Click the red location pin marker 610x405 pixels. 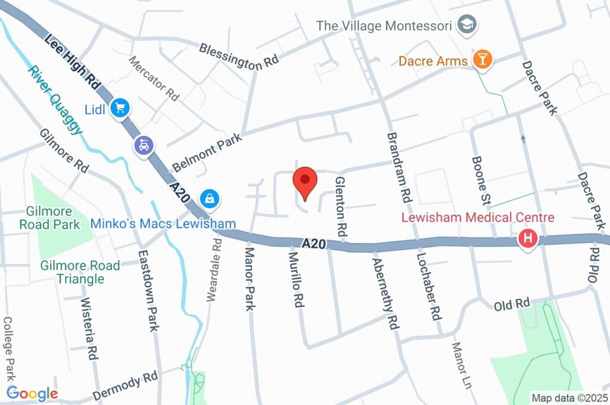point(305,181)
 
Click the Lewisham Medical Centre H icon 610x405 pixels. point(527,239)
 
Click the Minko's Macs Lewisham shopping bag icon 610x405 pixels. point(210,198)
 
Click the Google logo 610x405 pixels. point(32,393)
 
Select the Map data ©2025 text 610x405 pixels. point(569,398)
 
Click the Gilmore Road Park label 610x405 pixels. point(49,218)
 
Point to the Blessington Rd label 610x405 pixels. point(239,57)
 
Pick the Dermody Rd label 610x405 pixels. point(126,387)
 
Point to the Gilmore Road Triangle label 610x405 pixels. point(80,272)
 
